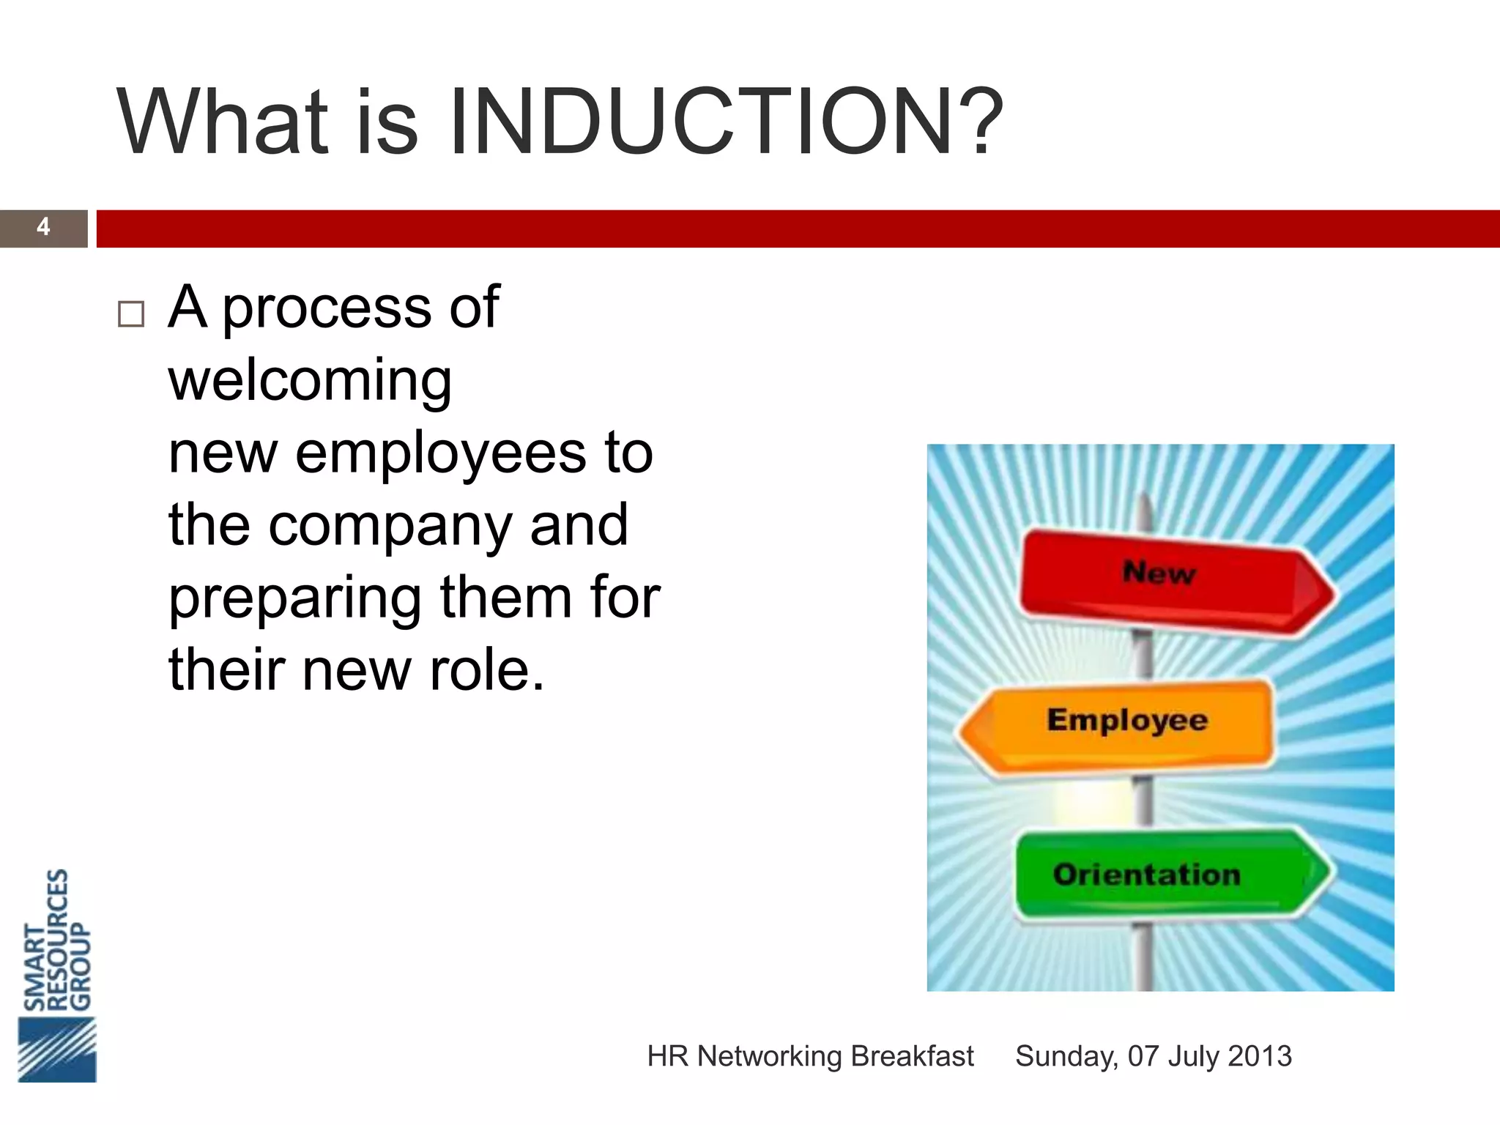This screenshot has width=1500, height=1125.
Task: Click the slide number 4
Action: (43, 227)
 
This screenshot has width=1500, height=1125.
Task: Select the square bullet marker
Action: (131, 314)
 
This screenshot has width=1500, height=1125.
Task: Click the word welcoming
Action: (310, 381)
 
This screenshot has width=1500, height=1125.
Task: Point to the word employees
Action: (441, 454)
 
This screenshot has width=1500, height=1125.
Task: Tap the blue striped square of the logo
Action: (57, 1049)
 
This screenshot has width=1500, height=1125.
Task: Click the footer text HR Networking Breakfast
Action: (810, 1056)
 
